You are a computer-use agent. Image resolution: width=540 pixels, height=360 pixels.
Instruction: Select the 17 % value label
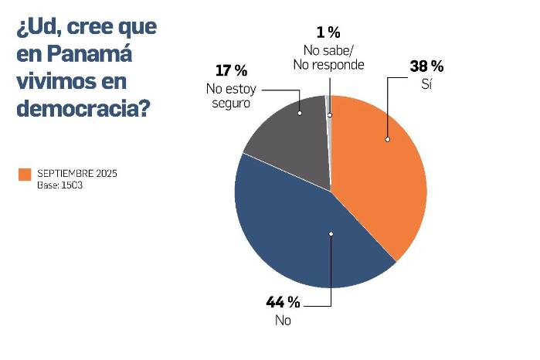pos(230,71)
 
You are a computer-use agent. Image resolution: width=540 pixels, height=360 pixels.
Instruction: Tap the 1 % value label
pos(328,32)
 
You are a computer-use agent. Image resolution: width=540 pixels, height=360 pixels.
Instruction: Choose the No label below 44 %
pos(282,319)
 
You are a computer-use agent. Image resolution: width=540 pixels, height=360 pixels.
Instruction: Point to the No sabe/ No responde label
pos(328,56)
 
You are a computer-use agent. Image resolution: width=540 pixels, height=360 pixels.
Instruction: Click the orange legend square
pos(25,175)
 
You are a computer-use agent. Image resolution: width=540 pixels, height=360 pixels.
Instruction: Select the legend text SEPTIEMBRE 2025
pos(77,172)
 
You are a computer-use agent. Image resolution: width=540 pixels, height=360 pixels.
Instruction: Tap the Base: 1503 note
pos(59,185)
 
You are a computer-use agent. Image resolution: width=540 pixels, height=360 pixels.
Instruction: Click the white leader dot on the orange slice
pos(388,140)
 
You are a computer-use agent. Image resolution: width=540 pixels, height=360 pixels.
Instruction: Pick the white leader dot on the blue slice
pos(331,233)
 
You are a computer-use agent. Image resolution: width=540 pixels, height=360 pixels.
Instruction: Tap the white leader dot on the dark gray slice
pos(300,112)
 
